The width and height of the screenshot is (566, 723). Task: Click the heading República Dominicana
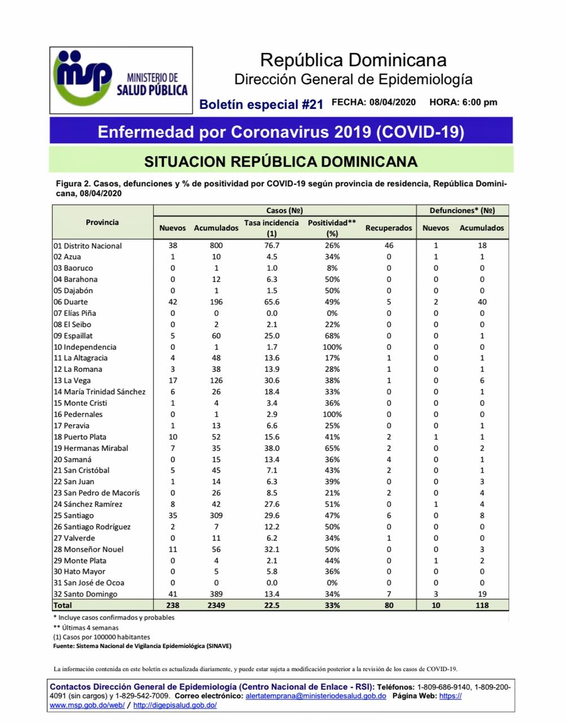[x=353, y=60]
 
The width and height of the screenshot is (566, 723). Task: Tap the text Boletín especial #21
[x=261, y=104]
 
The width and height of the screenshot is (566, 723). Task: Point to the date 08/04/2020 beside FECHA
[x=393, y=102]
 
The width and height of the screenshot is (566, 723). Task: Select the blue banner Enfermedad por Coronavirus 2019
[x=281, y=132]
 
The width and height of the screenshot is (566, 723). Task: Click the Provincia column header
[x=102, y=223]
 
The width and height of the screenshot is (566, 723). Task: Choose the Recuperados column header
[x=389, y=228]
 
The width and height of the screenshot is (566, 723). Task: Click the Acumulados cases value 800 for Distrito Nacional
[x=216, y=246]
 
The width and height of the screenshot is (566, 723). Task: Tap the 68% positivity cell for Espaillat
[x=332, y=336]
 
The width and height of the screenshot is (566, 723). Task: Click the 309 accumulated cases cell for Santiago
[x=216, y=515]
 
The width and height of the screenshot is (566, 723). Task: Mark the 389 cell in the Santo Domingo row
[x=216, y=594]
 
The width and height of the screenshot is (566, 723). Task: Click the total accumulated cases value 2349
[x=216, y=605]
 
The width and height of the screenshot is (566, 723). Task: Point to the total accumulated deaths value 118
[x=481, y=605]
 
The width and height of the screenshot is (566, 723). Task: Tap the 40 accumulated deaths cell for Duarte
[x=481, y=302]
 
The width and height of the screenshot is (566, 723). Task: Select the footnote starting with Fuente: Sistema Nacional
[x=142, y=646]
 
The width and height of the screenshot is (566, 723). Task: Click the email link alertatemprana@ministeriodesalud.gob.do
[x=316, y=696]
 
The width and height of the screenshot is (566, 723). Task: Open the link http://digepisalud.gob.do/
[x=175, y=705]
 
